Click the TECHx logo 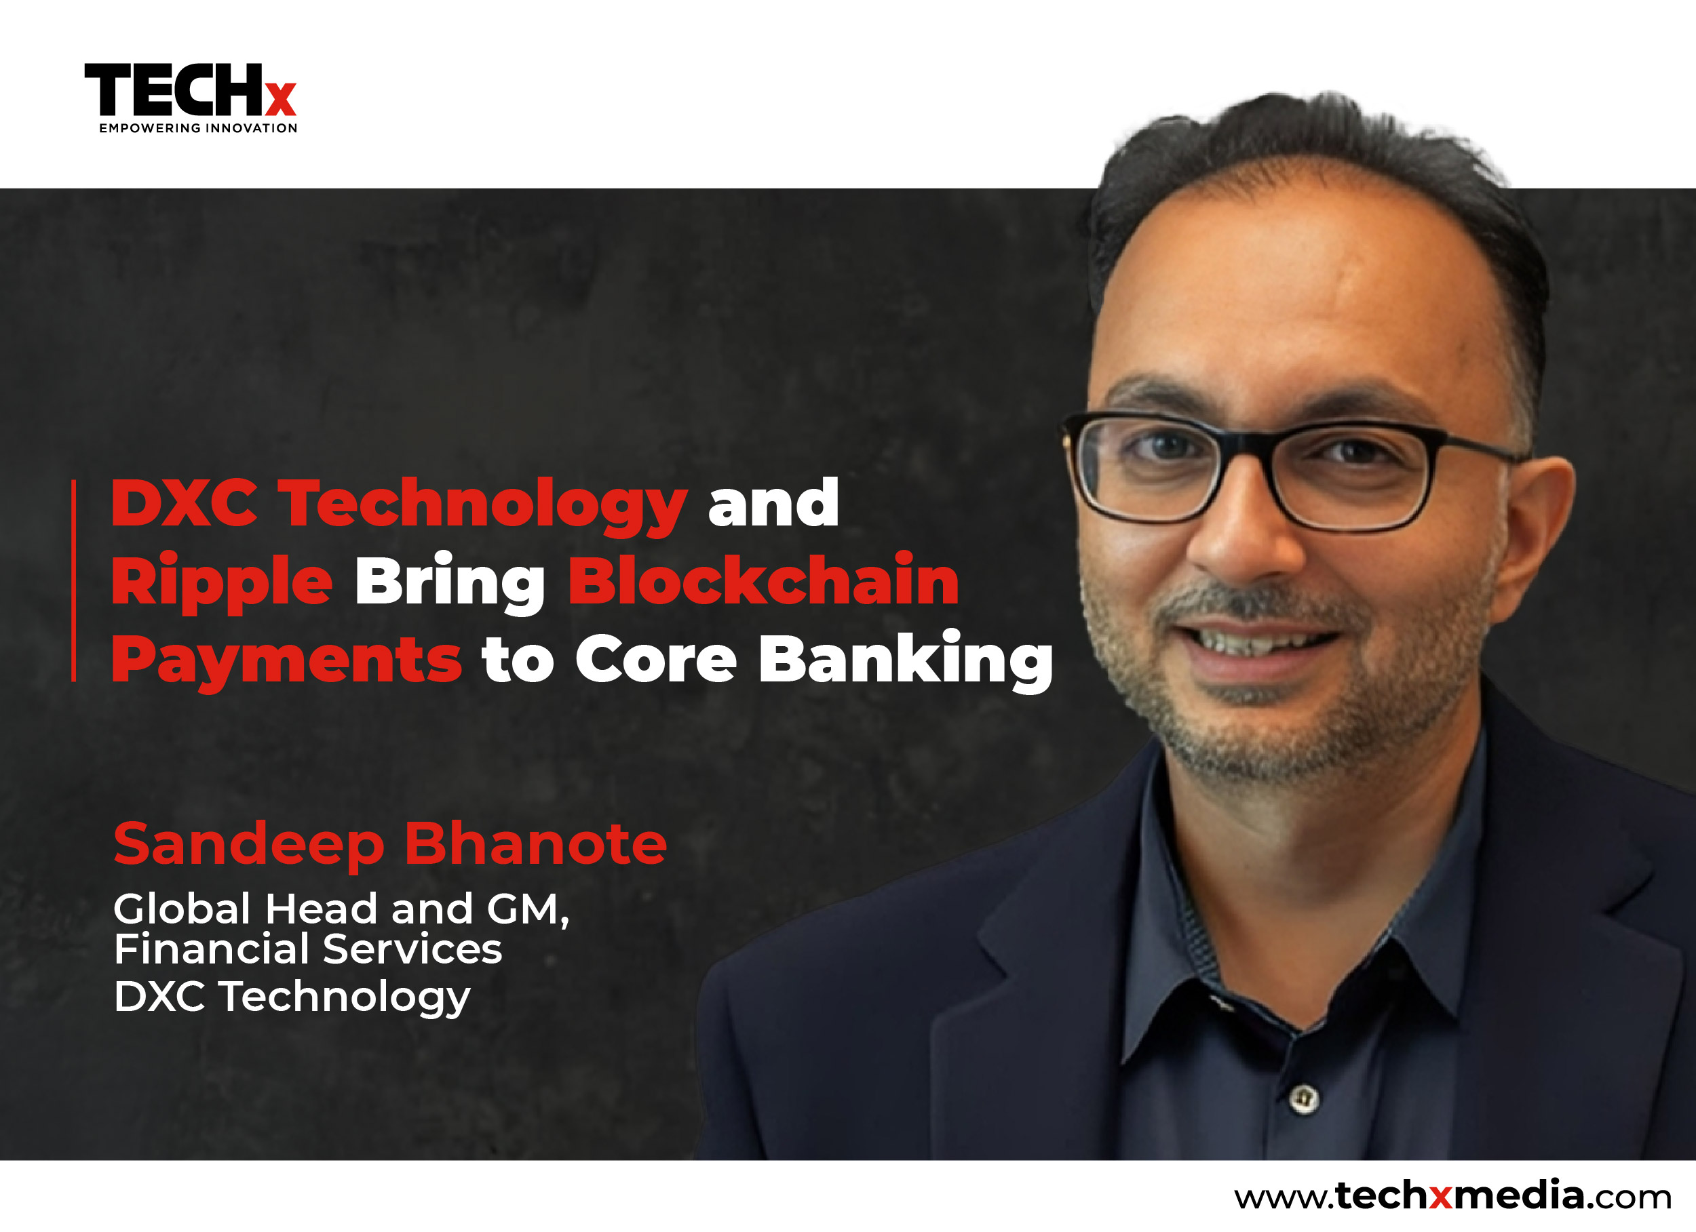[x=191, y=98]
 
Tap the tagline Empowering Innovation [x=198, y=128]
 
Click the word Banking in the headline [x=906, y=659]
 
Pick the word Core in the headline [x=656, y=658]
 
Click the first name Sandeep [x=249, y=845]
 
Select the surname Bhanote [x=535, y=843]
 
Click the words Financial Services [x=308, y=949]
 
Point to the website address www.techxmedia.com [x=1452, y=1195]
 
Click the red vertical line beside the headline [x=73, y=581]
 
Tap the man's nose [x=1245, y=534]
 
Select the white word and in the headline [x=773, y=502]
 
